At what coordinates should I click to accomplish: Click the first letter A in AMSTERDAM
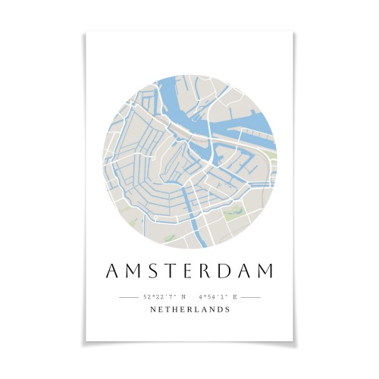110,271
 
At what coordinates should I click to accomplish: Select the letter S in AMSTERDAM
149,271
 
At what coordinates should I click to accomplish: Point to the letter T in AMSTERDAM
168,271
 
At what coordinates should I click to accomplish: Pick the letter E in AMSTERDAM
185,271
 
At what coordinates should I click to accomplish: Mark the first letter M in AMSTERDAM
130,271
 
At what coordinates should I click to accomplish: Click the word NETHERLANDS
190,309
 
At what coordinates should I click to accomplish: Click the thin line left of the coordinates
128,297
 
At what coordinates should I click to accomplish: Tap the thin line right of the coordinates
251,297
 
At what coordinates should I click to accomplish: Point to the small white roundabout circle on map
206,164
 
